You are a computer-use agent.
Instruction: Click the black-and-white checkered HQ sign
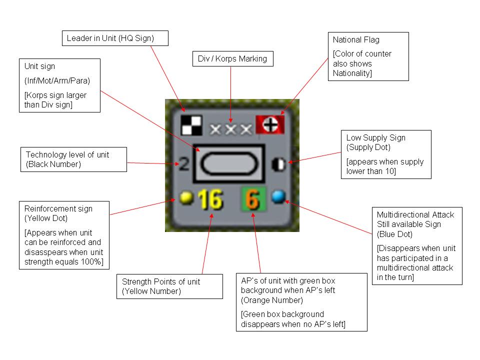point(191,125)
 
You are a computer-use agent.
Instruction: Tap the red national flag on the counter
point(270,124)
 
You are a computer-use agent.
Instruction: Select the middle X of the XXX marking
point(231,129)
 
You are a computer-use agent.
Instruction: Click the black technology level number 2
point(183,164)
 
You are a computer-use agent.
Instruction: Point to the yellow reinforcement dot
point(186,197)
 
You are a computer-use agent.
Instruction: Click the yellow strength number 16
point(210,199)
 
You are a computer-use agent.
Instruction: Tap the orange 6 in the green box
point(253,199)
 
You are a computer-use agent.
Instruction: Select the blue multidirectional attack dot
point(278,196)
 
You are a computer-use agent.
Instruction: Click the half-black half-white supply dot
point(278,164)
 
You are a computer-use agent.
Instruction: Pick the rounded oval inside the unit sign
point(229,163)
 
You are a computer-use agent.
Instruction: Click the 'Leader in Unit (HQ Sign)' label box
point(115,38)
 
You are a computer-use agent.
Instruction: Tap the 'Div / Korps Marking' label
point(232,59)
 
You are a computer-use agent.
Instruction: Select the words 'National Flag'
point(356,40)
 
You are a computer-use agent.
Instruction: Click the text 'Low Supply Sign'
point(375,138)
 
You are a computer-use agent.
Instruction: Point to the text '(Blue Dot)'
point(394,234)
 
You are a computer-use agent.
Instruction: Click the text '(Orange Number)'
point(272,300)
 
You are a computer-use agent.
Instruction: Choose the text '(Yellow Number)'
point(151,291)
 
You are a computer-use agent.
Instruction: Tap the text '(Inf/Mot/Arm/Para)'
point(57,81)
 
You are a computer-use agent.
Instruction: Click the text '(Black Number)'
point(53,164)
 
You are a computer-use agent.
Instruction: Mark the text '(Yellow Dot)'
point(46,218)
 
